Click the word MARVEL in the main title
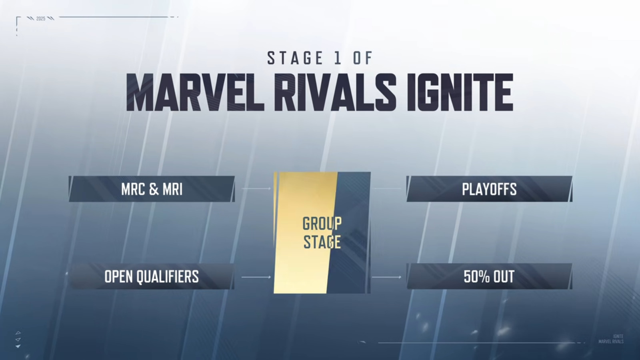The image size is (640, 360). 195,92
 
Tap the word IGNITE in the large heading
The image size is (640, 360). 460,92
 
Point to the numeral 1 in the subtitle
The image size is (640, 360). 338,58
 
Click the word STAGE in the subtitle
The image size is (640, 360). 295,58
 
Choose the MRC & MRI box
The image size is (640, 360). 152,189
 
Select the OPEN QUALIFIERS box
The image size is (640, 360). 152,276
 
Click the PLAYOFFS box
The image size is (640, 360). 490,189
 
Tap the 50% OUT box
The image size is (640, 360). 490,276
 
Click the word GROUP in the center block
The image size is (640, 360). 322,224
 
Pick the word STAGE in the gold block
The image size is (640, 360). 322,242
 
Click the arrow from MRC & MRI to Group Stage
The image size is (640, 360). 256,188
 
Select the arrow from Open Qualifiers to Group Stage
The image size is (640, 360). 256,277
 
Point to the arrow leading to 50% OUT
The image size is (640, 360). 386,277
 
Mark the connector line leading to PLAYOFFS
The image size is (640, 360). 388,188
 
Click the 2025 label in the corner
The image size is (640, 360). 41,18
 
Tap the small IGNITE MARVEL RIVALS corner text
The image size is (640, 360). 611,339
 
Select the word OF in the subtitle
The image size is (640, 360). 363,58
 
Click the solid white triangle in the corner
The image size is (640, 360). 18,346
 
